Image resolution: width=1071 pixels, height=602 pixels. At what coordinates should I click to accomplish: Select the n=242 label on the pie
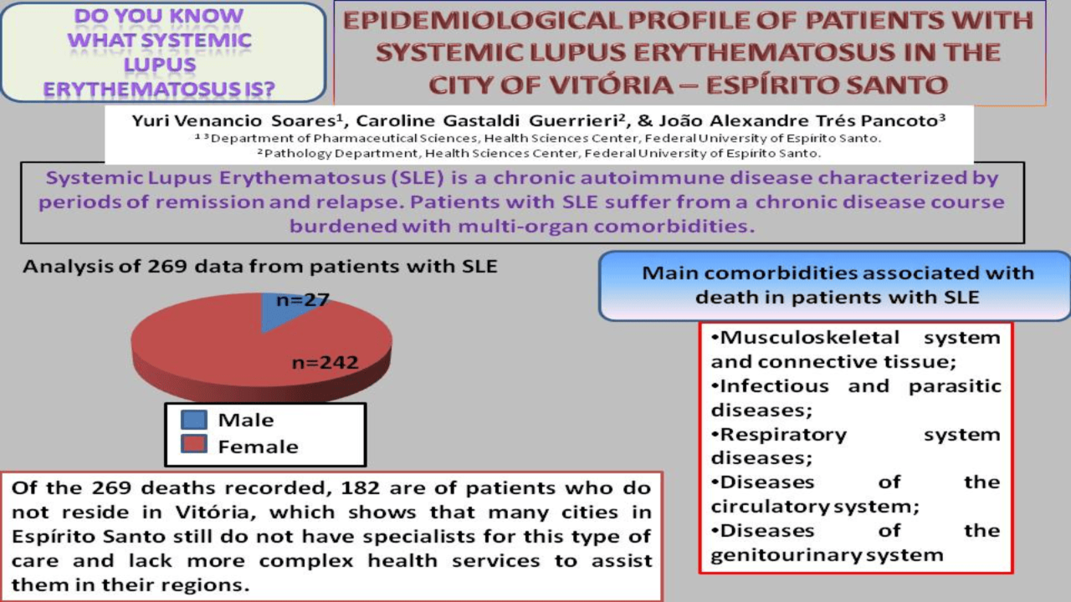coord(325,363)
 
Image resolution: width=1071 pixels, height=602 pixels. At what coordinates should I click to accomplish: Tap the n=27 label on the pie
coord(303,300)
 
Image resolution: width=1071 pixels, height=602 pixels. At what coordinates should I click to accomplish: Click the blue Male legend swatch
coord(194,420)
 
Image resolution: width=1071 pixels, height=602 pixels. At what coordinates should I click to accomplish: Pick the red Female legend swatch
coord(194,444)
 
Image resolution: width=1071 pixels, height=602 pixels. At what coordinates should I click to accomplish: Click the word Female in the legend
coord(259,447)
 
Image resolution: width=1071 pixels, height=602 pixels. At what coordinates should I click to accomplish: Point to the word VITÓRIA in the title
coord(619,85)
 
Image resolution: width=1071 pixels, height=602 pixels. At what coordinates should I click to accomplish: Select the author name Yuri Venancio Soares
coord(237,121)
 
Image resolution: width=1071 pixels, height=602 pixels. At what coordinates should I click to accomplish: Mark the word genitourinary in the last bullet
coord(787,555)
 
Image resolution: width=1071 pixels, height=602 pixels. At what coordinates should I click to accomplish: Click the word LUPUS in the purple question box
coord(160,65)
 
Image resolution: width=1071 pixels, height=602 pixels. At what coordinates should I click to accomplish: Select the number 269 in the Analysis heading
coord(167,267)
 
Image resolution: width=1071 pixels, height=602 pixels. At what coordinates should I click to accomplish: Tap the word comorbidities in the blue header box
coord(776,273)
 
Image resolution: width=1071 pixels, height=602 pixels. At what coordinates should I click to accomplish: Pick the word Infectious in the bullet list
coord(774,386)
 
